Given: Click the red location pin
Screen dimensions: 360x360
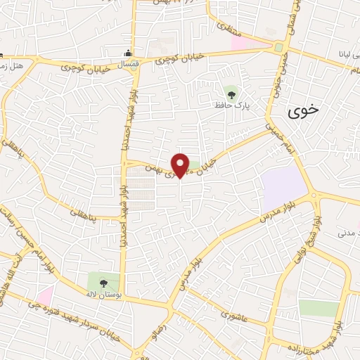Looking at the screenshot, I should point(180,165).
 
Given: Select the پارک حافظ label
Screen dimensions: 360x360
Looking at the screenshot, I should point(233,105).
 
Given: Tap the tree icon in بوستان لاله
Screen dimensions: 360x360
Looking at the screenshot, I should point(104,283).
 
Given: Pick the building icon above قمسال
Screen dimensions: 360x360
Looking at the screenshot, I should point(127,52).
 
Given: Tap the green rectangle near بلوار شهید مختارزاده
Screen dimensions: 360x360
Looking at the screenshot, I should point(318,308).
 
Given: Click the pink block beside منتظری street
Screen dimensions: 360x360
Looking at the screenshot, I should point(250,43).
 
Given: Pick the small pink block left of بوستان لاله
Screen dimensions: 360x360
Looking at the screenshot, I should point(45,295).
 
